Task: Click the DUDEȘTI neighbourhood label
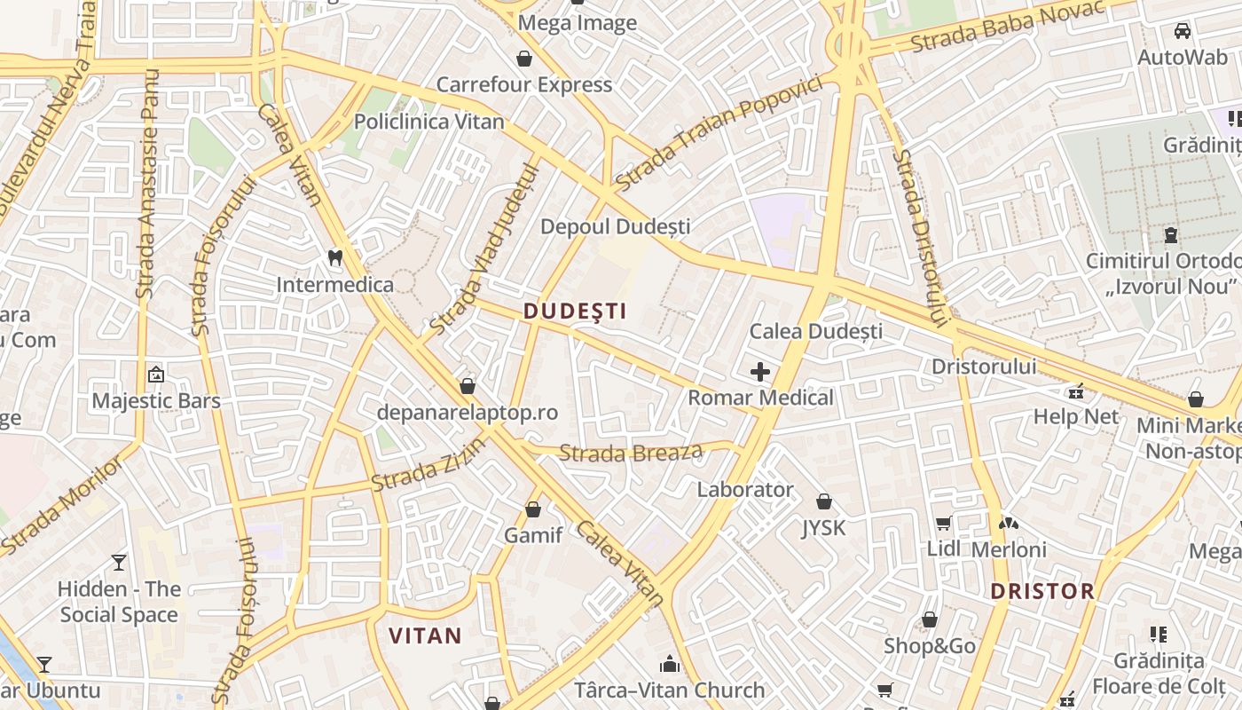[x=575, y=311]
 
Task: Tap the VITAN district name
[x=426, y=635]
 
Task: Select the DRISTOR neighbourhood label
[x=1042, y=591]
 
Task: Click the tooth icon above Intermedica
[x=334, y=258]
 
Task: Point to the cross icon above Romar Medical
[x=760, y=372]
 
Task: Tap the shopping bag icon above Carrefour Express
[x=524, y=59]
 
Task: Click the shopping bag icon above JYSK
[x=824, y=501]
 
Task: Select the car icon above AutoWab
[x=1182, y=31]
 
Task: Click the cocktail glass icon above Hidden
[x=119, y=562]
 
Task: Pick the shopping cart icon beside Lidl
[x=943, y=524]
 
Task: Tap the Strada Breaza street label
[x=631, y=453]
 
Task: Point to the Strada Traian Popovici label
[x=719, y=132]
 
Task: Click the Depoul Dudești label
[x=615, y=226]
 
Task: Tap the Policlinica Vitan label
[x=429, y=122]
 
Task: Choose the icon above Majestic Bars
[x=156, y=375]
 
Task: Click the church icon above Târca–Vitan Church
[x=669, y=664]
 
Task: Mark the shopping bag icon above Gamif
[x=533, y=509]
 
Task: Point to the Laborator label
[x=745, y=489]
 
